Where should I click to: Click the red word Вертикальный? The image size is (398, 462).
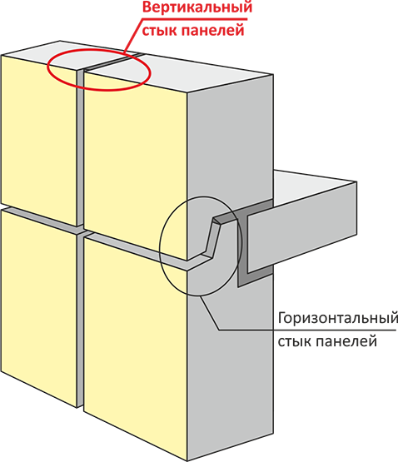(x=197, y=7)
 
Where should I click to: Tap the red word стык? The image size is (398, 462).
(x=158, y=30)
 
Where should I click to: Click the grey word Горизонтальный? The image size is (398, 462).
(x=337, y=319)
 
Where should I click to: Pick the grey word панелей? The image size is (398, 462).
(x=344, y=342)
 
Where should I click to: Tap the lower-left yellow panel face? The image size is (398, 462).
(x=39, y=306)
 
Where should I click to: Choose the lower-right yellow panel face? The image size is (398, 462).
(x=136, y=348)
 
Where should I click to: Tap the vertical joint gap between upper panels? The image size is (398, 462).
(x=80, y=147)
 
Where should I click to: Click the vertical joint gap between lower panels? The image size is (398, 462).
(x=80, y=321)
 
